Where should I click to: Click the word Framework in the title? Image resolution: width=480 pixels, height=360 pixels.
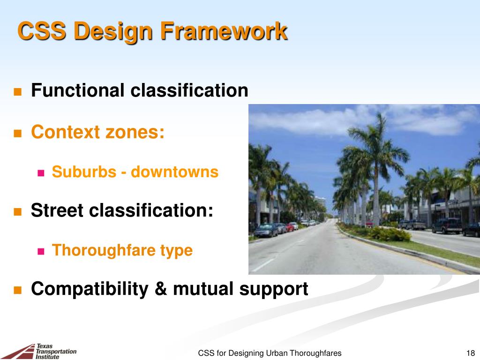pyautogui.click(x=224, y=30)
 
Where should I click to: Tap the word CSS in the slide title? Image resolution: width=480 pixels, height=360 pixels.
pyautogui.click(x=42, y=31)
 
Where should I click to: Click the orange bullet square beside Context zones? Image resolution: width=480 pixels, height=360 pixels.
pyautogui.click(x=18, y=134)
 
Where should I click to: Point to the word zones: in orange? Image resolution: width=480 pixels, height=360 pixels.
pyautogui.click(x=135, y=132)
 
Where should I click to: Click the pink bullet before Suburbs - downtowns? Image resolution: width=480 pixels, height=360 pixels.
pyautogui.click(x=41, y=173)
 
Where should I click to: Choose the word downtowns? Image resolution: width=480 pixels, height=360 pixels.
pyautogui.click(x=174, y=172)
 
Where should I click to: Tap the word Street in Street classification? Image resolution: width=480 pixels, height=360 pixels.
pyautogui.click(x=57, y=210)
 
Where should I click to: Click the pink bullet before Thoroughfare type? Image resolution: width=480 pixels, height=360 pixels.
pyautogui.click(x=41, y=252)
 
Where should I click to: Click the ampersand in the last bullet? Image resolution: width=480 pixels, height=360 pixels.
pyautogui.click(x=161, y=289)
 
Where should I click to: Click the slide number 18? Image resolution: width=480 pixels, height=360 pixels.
pyautogui.click(x=471, y=353)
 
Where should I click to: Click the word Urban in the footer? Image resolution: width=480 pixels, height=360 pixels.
pyautogui.click(x=277, y=353)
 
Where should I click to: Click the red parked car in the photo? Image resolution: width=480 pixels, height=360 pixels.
pyautogui.click(x=290, y=227)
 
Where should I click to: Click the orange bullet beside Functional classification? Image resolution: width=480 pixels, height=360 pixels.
pyautogui.click(x=18, y=92)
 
